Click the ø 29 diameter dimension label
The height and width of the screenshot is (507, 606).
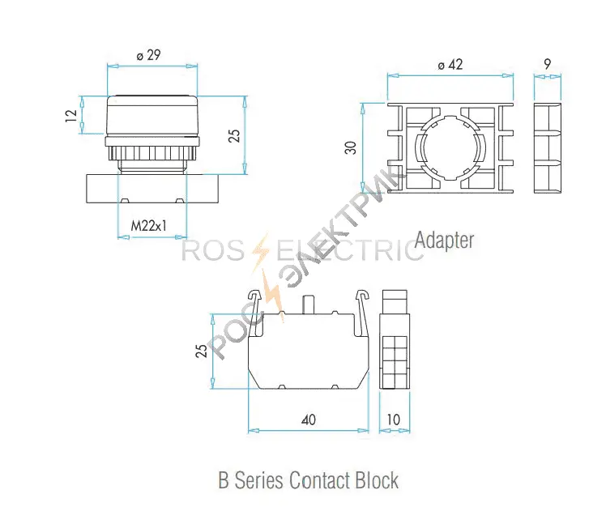pyautogui.click(x=148, y=55)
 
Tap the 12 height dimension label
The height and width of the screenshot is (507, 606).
pyautogui.click(x=71, y=116)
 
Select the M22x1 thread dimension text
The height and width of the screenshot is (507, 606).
pyautogui.click(x=149, y=225)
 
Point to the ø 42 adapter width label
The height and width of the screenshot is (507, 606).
pyautogui.click(x=450, y=65)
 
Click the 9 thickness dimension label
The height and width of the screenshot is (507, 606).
pyautogui.click(x=547, y=64)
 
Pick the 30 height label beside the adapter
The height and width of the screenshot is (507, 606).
pyautogui.click(x=351, y=147)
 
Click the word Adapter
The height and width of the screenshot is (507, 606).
pyautogui.click(x=445, y=241)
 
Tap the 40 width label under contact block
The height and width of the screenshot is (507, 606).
pyautogui.click(x=309, y=420)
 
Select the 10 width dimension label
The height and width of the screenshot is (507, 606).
pyautogui.click(x=394, y=420)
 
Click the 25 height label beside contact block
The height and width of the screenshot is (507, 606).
pyautogui.click(x=202, y=351)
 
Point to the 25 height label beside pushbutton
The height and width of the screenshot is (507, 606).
pyautogui.click(x=234, y=135)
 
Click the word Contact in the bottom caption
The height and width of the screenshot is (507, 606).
pyautogui.click(x=320, y=480)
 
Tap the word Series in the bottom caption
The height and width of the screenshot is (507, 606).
pyautogui.click(x=258, y=480)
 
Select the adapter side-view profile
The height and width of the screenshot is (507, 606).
pyautogui.click(x=547, y=148)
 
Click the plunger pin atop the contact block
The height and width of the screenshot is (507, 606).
pyautogui.click(x=308, y=305)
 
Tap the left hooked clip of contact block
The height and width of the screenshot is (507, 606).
pyautogui.click(x=256, y=312)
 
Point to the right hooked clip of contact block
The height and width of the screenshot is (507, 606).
pyautogui.click(x=361, y=312)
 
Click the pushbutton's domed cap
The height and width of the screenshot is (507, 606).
pyautogui.click(x=151, y=115)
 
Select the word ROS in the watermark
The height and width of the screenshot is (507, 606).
pyautogui.click(x=212, y=250)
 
